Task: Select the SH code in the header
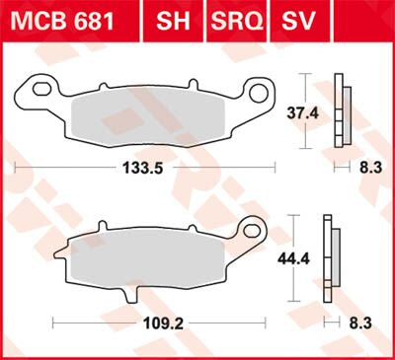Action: pyautogui.click(x=175, y=21)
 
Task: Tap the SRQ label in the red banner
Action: pyautogui.click(x=237, y=21)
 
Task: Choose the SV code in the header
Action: pyautogui.click(x=302, y=21)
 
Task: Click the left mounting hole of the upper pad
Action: pyautogui.click(x=40, y=89)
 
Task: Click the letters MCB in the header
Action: pyautogui.click(x=39, y=21)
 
